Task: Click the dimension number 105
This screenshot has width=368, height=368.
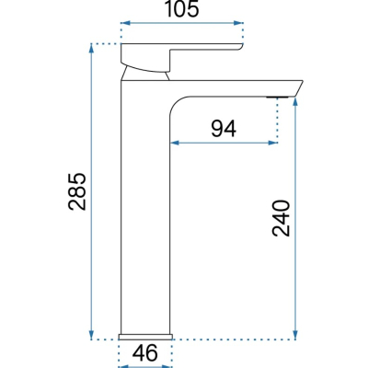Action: pyautogui.click(x=182, y=9)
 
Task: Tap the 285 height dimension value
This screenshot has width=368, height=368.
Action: pyautogui.click(x=77, y=191)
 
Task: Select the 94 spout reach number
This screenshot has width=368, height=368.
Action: pyautogui.click(x=224, y=129)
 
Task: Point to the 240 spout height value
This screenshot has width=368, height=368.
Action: pyautogui.click(x=281, y=218)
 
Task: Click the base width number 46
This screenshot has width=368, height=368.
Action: pyautogui.click(x=145, y=352)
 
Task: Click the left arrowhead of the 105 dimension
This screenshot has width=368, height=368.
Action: pyautogui.click(x=125, y=23)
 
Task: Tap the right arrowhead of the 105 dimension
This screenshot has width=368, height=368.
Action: pyautogui.click(x=238, y=23)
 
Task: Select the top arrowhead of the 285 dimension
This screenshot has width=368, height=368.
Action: pyautogui.click(x=91, y=48)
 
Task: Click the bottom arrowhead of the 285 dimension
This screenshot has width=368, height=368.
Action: pyautogui.click(x=91, y=335)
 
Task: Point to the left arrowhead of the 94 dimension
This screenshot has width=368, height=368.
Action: pyautogui.click(x=175, y=143)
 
